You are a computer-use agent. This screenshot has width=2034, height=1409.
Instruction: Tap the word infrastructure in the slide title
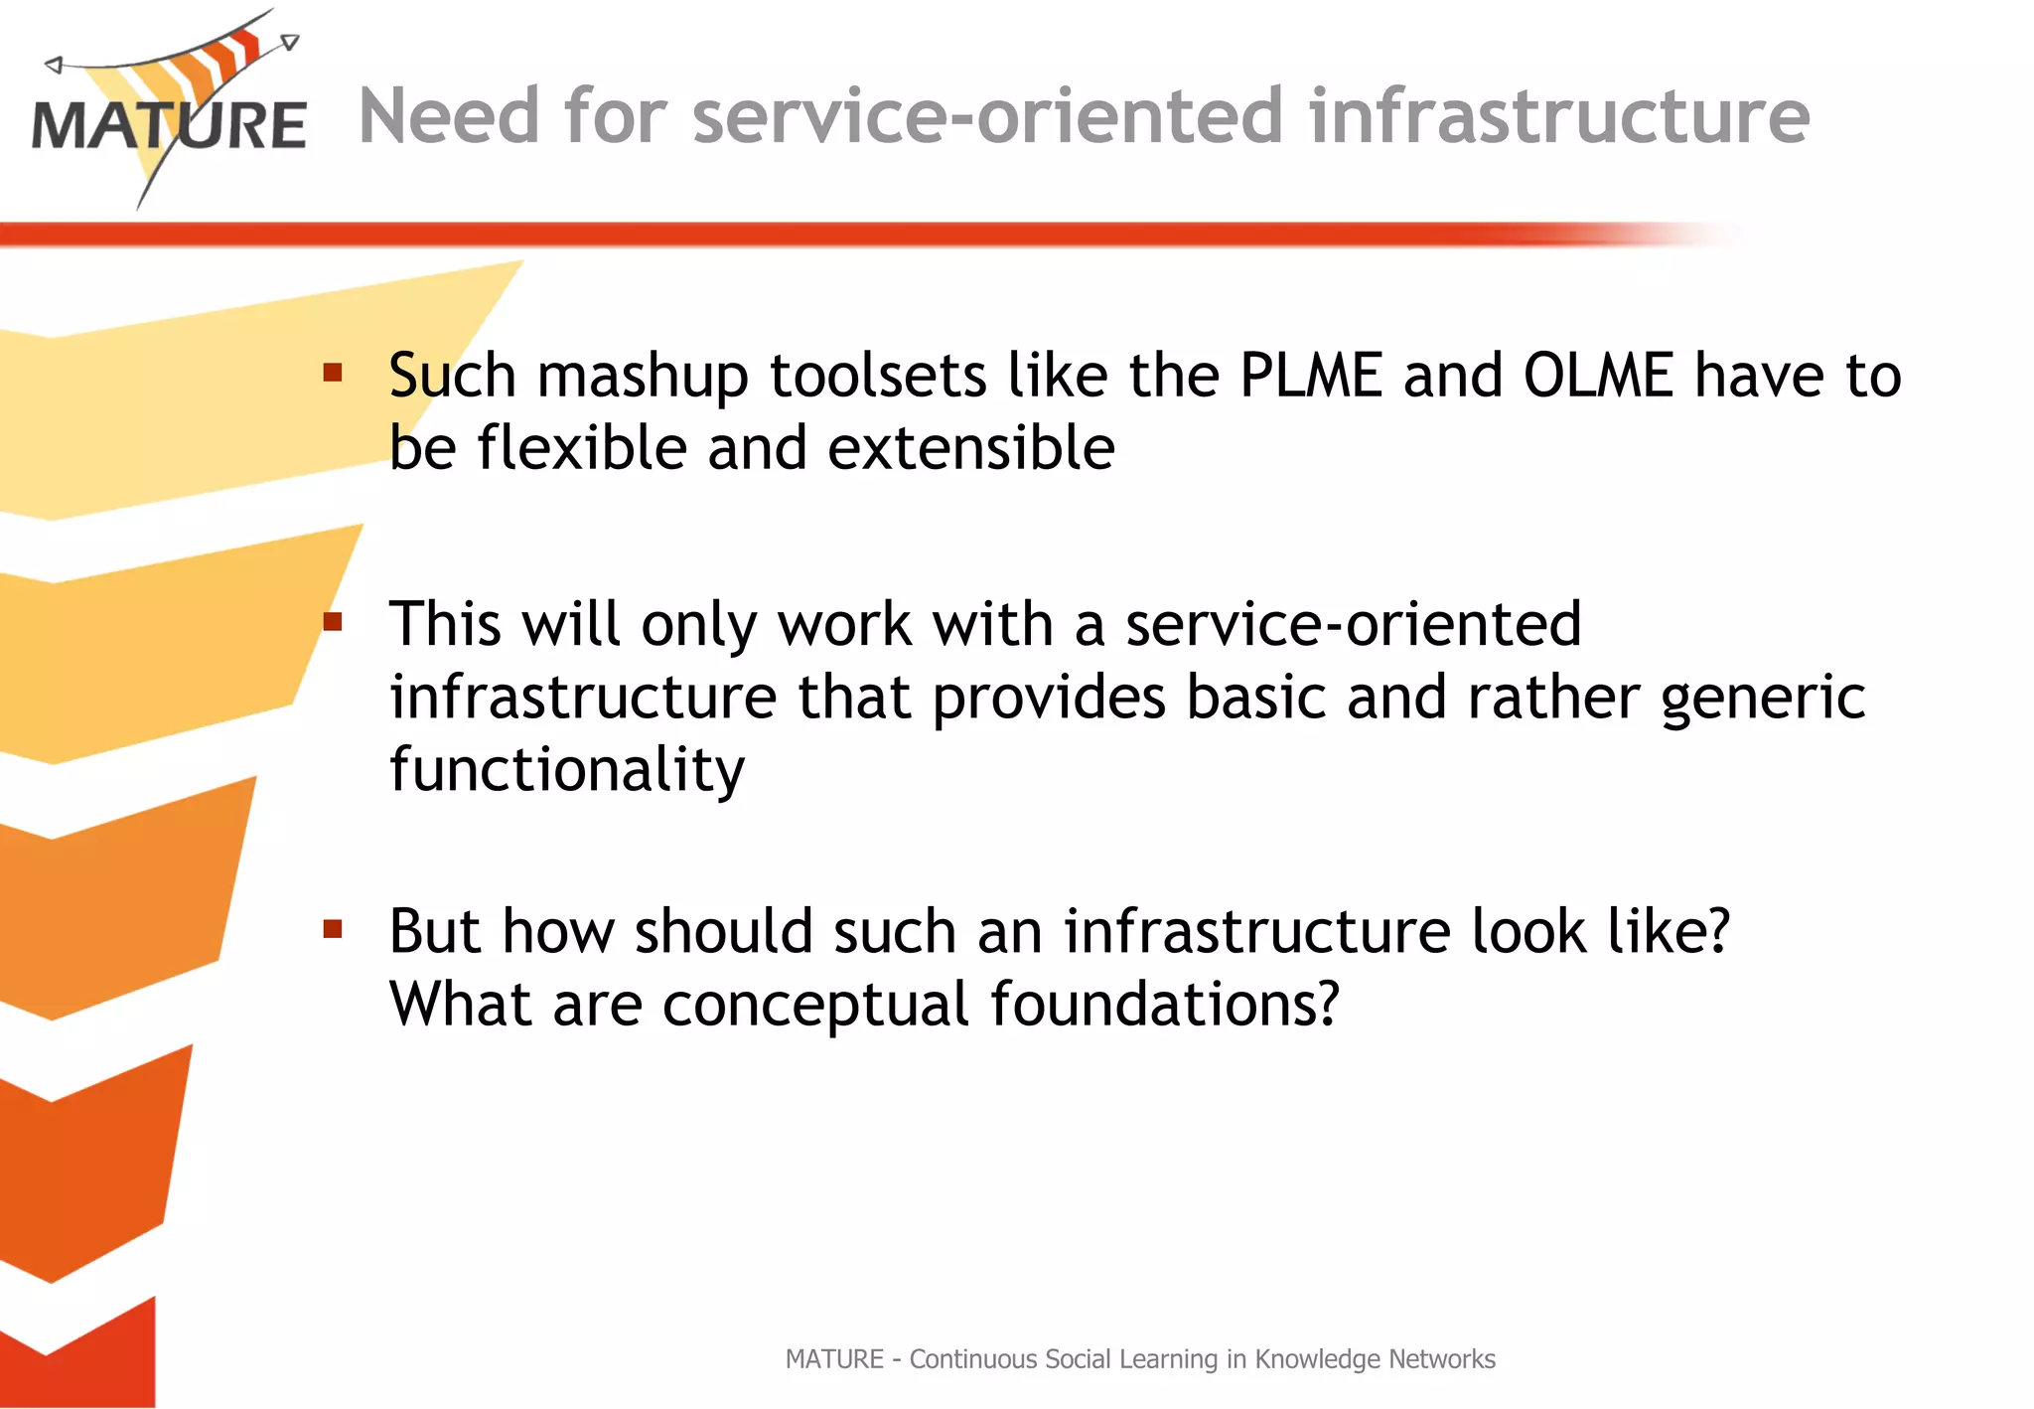tap(1559, 116)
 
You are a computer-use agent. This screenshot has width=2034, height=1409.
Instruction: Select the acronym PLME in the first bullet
tap(1311, 376)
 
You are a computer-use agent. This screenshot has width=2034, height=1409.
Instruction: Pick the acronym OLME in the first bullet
tap(1598, 376)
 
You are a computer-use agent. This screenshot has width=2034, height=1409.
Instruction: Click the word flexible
tap(582, 448)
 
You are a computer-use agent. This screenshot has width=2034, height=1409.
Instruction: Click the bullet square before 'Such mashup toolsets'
tap(333, 374)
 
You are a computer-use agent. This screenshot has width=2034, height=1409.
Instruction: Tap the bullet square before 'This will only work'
tap(333, 623)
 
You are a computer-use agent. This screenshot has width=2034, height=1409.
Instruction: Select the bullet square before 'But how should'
tap(333, 930)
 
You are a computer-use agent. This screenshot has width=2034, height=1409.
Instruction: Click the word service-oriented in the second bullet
tap(1353, 624)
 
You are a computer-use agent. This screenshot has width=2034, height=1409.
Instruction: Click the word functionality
tap(567, 770)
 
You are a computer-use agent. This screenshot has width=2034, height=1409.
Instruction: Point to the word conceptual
tap(815, 1005)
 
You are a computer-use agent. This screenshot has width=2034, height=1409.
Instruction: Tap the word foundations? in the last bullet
tap(1165, 1005)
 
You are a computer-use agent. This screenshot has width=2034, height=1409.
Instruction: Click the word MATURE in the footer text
tap(834, 1359)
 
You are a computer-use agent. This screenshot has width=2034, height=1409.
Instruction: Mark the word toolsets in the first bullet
tap(878, 376)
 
